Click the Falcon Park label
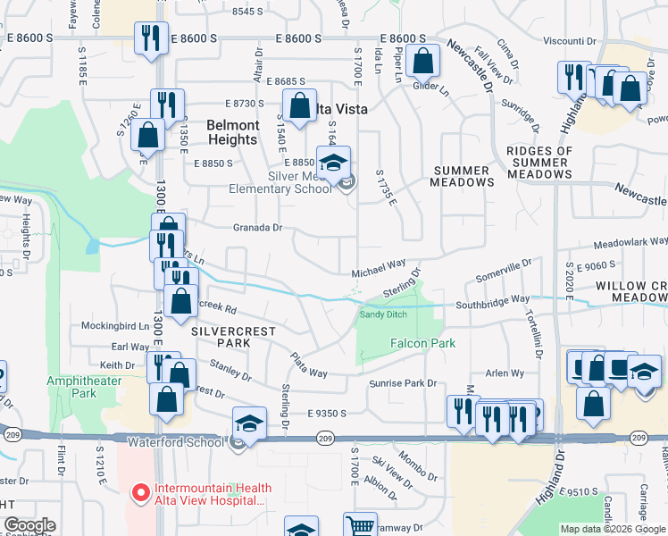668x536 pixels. tap(422, 343)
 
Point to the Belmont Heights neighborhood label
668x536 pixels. tap(233, 132)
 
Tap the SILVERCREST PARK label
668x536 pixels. tap(221, 337)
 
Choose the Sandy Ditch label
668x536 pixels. tap(383, 314)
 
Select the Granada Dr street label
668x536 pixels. tap(257, 228)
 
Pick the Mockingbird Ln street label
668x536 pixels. tap(115, 326)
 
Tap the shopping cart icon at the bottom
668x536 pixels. tap(360, 525)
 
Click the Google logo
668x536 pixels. tap(29, 525)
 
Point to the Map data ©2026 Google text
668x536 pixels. tap(613, 529)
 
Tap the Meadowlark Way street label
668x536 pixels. tap(630, 242)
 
